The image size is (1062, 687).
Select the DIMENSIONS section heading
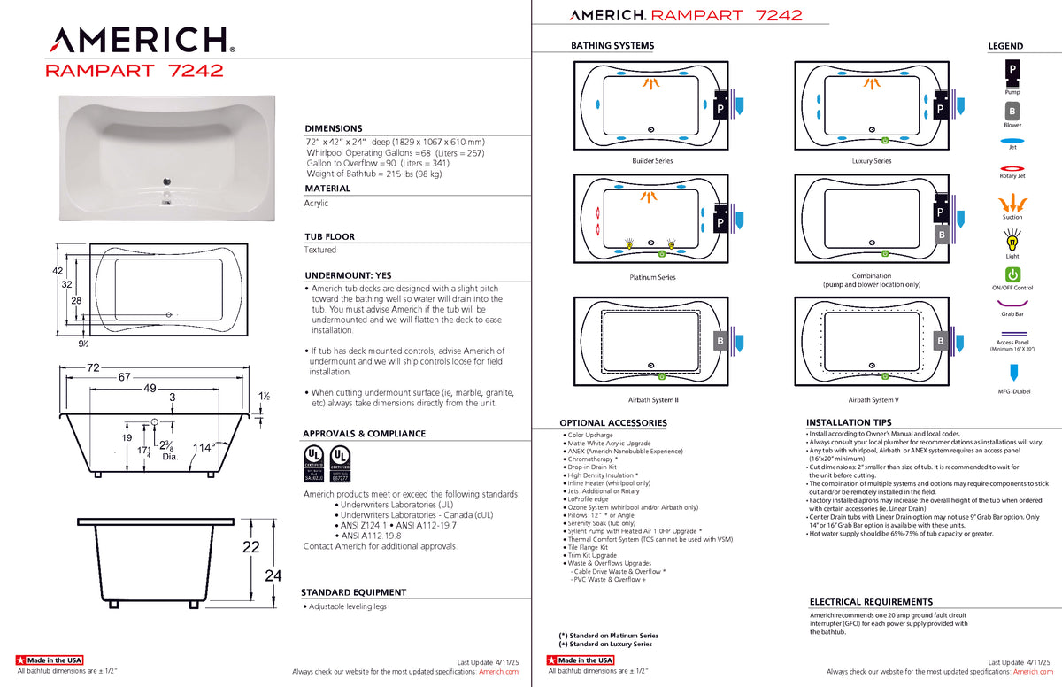[x=334, y=128]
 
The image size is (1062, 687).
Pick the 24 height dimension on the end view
[x=273, y=575]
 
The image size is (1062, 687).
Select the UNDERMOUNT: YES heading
[x=348, y=275]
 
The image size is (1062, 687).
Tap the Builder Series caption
[x=652, y=161]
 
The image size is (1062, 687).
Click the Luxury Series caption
[x=871, y=161]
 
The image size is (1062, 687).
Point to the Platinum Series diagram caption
[x=652, y=278]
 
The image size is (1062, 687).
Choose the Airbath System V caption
[x=871, y=400]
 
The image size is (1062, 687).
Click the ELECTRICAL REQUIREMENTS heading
[x=871, y=602]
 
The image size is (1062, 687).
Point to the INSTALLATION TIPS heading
[x=849, y=423]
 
